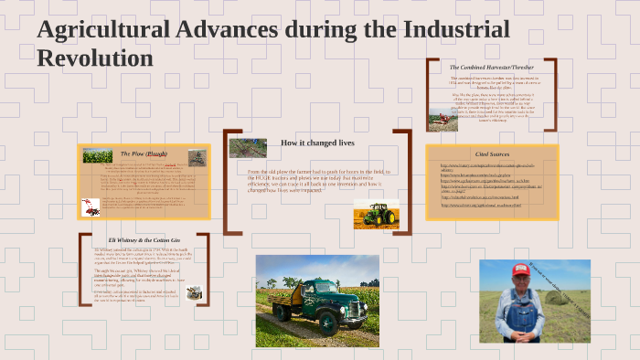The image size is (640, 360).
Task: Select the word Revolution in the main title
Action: tap(94, 58)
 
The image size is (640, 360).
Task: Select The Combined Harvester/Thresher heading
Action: tap(491, 68)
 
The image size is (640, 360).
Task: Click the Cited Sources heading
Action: tap(492, 154)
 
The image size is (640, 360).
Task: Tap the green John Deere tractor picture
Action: tap(376, 214)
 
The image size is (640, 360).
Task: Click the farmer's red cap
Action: tap(521, 270)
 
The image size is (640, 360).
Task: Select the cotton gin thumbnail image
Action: tap(194, 293)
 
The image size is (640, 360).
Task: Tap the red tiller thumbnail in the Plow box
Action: tap(91, 206)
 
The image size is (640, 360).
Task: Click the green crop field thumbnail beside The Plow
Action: tap(97, 156)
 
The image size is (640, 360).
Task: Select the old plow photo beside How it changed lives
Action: tap(248, 147)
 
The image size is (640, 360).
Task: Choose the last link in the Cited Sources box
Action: tap(480, 206)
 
